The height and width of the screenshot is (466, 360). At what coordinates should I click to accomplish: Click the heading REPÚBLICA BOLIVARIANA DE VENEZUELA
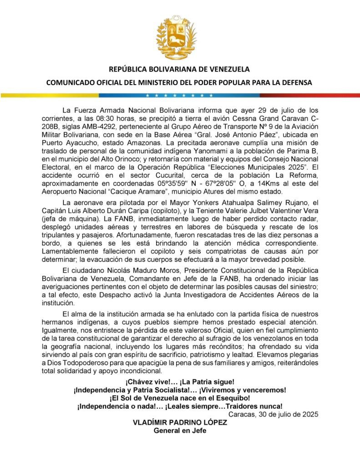[179, 70]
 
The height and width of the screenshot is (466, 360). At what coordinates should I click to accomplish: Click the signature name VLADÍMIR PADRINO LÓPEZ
[179, 422]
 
